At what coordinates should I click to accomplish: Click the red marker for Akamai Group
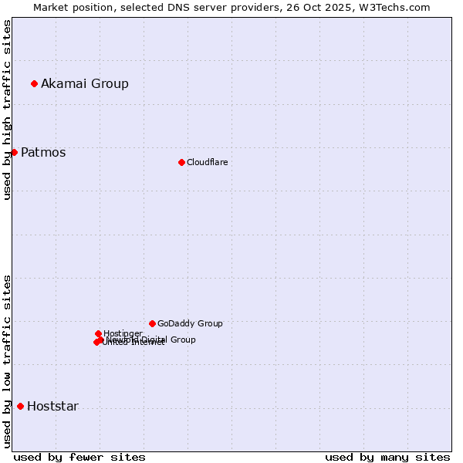tap(34, 83)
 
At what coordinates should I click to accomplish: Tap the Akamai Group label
tap(85, 83)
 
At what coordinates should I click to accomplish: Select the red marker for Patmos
tap(14, 152)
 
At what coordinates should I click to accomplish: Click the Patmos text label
tap(43, 152)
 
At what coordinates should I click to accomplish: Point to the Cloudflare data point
tap(181, 162)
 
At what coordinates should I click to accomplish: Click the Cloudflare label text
tap(207, 162)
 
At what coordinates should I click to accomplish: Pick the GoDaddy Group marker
tap(152, 323)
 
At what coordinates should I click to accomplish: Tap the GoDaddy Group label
tap(190, 324)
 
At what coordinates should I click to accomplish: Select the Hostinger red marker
tap(98, 333)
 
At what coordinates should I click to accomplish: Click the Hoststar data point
tap(20, 406)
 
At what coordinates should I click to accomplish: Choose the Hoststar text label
tap(52, 407)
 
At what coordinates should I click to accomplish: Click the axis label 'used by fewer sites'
tap(79, 457)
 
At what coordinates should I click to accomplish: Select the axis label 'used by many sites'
tap(387, 457)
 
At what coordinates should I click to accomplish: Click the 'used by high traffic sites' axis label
tap(7, 110)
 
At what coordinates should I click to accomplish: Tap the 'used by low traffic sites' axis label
tap(7, 360)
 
